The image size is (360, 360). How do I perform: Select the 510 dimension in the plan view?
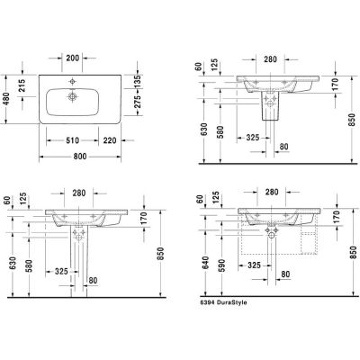tap(76, 139)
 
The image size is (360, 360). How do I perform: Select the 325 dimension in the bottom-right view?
tap(253, 267)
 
